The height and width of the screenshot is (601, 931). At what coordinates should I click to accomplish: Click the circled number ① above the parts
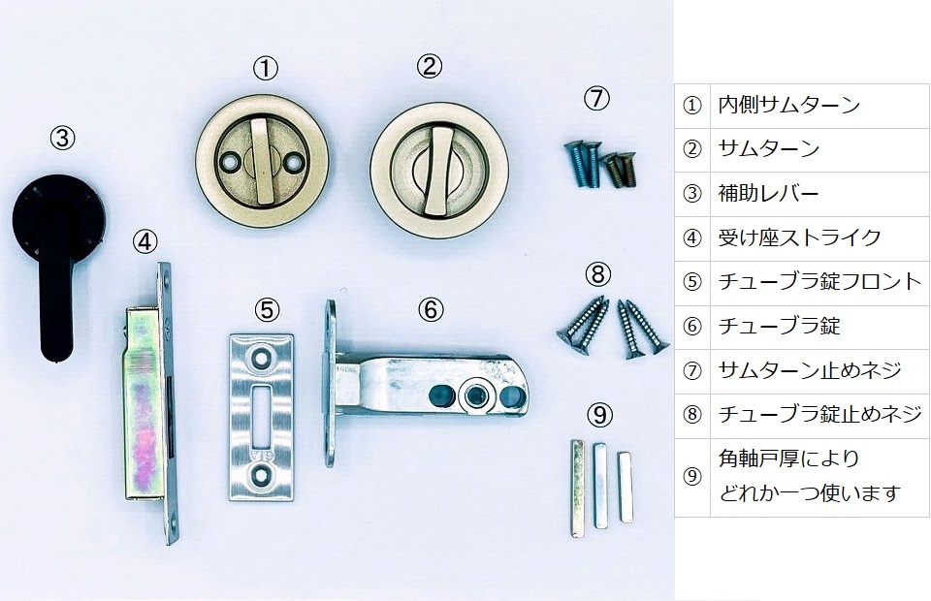266,69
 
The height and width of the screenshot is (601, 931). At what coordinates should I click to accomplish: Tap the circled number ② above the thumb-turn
430,66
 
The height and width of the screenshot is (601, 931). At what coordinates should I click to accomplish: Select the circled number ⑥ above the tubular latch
431,309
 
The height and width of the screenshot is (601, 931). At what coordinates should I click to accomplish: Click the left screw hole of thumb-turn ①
229,161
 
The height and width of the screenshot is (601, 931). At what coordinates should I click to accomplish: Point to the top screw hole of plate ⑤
260,357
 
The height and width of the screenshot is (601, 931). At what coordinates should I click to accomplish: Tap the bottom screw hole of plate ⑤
261,475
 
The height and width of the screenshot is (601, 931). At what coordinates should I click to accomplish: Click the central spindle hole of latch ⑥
475,395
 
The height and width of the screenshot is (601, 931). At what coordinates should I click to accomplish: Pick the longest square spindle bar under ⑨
577,489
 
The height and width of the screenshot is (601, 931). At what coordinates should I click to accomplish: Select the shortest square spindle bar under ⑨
625,487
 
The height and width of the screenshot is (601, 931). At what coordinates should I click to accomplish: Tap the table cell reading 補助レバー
819,195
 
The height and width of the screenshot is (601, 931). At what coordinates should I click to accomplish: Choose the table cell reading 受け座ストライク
819,238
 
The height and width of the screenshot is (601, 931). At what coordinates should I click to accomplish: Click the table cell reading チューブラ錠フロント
819,283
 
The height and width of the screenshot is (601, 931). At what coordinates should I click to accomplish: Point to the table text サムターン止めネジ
810,371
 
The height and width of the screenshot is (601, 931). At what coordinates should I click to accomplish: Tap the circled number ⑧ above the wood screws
598,274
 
